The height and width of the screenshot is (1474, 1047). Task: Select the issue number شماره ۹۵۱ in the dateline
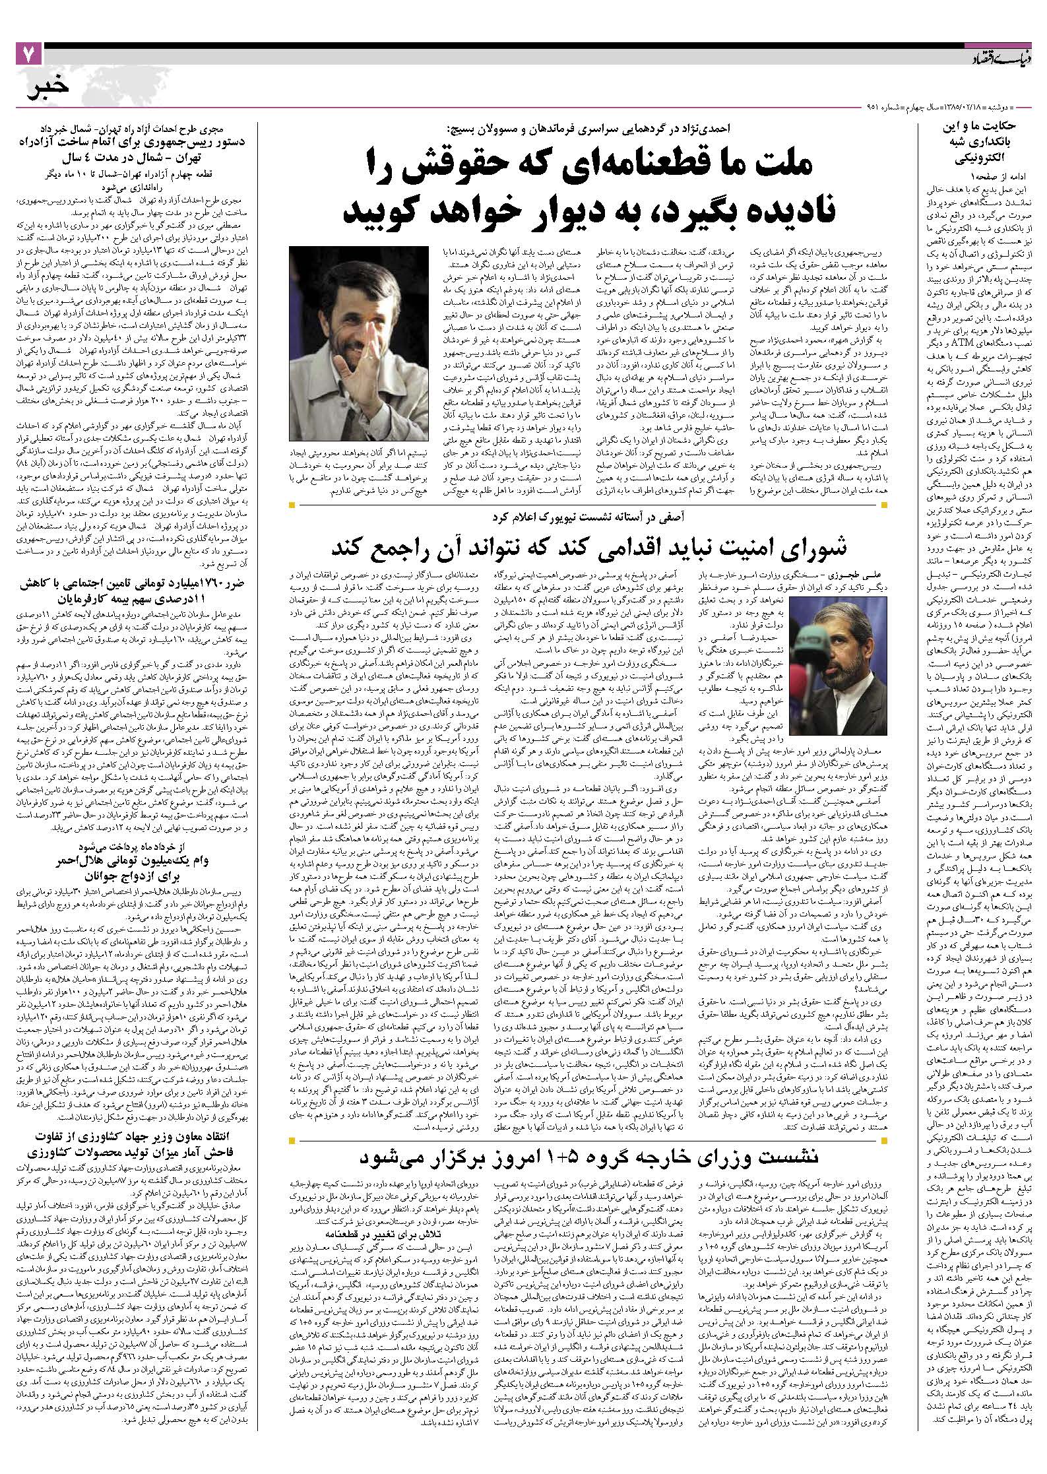881,106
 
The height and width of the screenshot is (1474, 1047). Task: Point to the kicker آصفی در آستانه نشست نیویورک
590,515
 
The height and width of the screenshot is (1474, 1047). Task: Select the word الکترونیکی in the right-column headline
975,159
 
